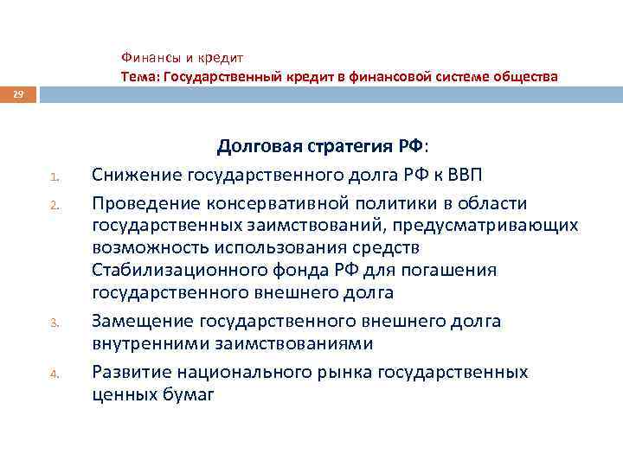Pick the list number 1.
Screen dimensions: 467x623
53,179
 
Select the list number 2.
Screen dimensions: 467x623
53,204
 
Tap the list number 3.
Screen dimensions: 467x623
53,323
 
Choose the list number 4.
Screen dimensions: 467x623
53,374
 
